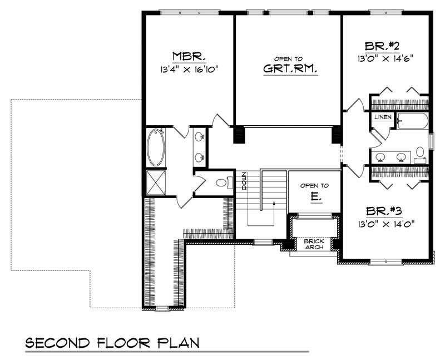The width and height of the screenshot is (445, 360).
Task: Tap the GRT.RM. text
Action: click(286, 69)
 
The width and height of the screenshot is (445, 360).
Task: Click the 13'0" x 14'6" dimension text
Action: click(386, 57)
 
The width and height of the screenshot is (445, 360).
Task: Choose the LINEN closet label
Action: click(383, 117)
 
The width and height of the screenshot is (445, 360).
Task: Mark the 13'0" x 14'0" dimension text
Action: click(388, 225)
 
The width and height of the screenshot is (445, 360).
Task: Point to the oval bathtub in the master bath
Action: click(156, 147)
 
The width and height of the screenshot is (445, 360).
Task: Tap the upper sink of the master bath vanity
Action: click(199, 136)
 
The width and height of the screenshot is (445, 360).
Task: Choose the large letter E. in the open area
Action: click(314, 198)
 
